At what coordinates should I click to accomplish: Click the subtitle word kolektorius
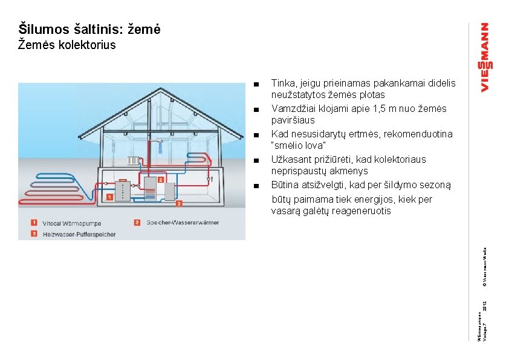85,45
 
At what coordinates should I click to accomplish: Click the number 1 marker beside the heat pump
109,197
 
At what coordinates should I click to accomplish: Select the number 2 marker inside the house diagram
161,179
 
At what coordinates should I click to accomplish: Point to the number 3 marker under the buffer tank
179,204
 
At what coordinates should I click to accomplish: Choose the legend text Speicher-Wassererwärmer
183,223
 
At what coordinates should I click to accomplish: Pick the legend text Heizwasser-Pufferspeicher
79,234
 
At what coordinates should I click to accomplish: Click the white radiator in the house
134,162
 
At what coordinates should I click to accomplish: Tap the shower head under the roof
161,143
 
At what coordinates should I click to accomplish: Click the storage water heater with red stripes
149,188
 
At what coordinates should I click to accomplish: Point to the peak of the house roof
161,90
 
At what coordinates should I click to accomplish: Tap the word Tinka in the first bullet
283,83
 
